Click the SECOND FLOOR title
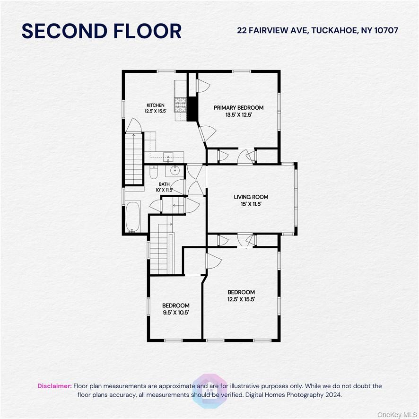tap(102, 31)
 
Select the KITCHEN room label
tap(155, 105)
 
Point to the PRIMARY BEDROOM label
tap(238, 108)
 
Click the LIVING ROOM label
tap(251, 197)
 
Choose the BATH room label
tap(164, 184)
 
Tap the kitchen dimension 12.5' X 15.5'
tap(155, 111)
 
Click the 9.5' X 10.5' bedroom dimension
tap(176, 313)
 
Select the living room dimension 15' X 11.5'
tap(251, 204)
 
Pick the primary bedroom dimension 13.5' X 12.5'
tap(238, 114)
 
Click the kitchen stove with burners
tap(181, 103)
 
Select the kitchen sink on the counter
tap(169, 156)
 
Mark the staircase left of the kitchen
tap(134, 158)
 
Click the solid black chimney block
tap(192, 109)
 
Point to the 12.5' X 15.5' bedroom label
tap(241, 299)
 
